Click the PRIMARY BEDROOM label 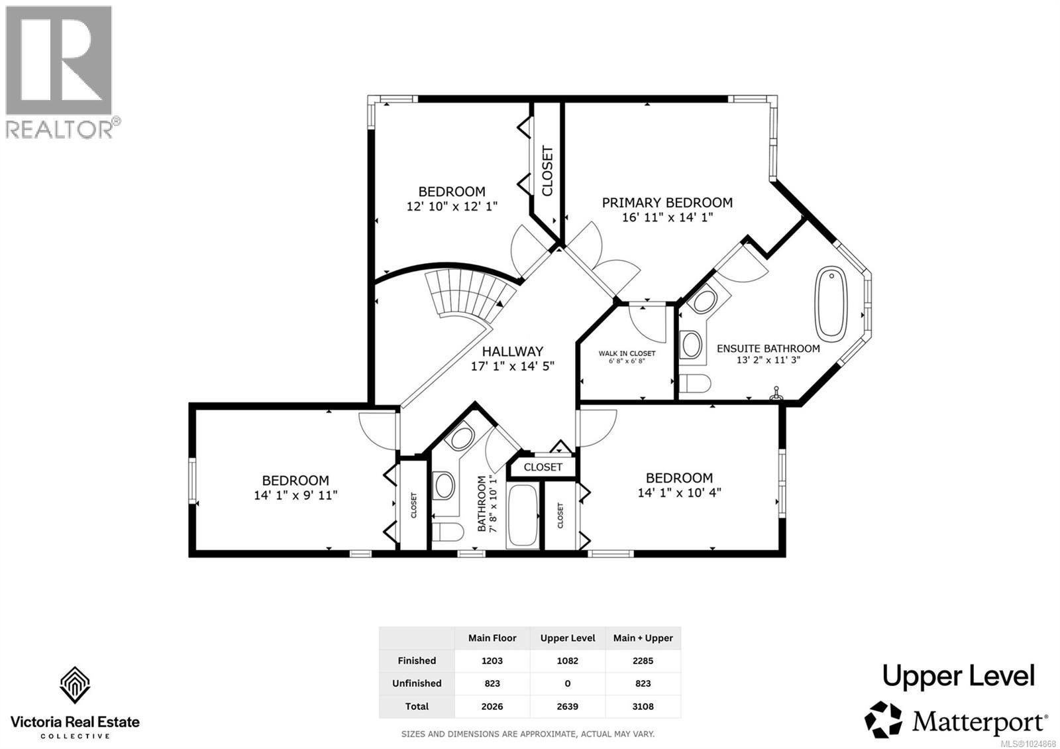point(667,203)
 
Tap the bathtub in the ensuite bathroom point(831,304)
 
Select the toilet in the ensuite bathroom point(695,384)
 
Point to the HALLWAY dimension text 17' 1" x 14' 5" point(512,366)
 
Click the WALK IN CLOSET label point(627,353)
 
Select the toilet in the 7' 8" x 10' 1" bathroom point(448,532)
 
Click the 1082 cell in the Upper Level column point(567,661)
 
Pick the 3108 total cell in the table point(643,707)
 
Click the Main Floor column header point(492,638)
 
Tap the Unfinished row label point(417,683)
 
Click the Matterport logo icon point(883,719)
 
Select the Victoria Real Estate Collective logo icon point(75,685)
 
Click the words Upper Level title point(958,676)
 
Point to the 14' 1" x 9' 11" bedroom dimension point(295,495)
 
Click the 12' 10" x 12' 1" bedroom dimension point(452,207)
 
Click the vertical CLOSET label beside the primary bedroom point(547,171)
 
